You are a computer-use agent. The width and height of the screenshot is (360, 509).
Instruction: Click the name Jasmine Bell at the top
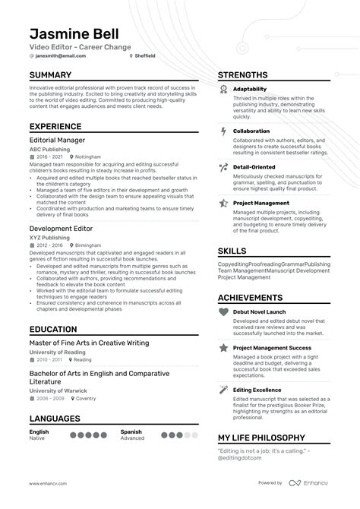coord(76,34)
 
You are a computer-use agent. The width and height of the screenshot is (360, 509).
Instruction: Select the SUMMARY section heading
coord(50,75)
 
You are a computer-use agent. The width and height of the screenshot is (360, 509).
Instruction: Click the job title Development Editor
coord(60,228)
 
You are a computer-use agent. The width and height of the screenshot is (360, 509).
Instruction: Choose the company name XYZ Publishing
coord(49,237)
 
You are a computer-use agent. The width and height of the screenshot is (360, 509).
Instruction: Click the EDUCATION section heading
coord(53,330)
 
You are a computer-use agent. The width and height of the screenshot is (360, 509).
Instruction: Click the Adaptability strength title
coord(250,89)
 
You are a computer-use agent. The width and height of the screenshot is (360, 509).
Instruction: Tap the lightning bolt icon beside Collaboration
coord(223,131)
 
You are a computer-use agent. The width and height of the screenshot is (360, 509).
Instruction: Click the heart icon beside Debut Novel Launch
coord(223,311)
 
